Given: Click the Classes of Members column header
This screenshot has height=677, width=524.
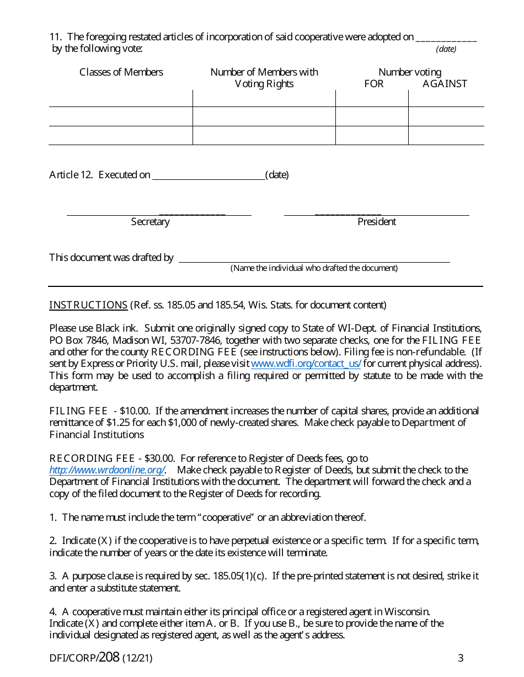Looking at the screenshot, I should point(121,72).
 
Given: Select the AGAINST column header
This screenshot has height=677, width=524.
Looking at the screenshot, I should point(445,84).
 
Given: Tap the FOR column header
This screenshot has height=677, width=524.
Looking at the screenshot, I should point(374,84).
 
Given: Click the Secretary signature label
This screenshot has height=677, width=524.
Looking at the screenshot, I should point(150,222).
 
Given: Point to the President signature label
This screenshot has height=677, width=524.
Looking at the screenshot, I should point(377,222).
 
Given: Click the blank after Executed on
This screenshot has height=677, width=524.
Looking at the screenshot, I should point(208,175).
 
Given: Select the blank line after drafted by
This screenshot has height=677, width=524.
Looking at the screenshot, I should point(314,258).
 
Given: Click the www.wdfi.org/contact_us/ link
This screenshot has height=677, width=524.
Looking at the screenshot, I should point(306,364).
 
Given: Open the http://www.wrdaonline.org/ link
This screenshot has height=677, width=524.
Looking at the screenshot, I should point(106,470).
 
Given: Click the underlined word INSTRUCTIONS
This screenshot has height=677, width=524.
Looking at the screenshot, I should point(88,305).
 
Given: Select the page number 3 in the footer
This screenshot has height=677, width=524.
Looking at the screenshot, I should point(461,658).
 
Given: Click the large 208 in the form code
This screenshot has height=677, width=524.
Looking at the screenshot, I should point(109,657).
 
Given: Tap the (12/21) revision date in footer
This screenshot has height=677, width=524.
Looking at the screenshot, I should point(137,658).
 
